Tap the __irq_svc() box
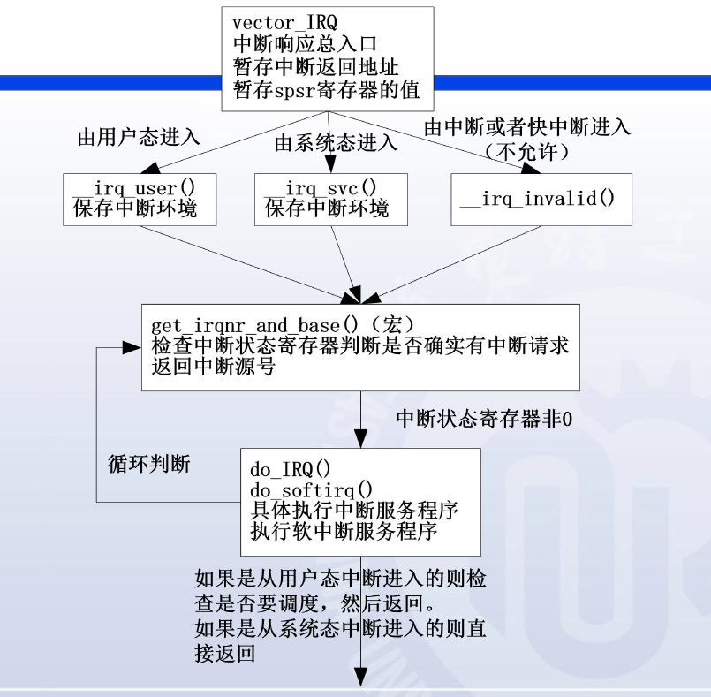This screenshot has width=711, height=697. point(331,199)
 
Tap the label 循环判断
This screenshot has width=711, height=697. point(148,464)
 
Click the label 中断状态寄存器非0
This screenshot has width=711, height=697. point(483,420)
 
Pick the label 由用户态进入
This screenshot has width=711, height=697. point(139,138)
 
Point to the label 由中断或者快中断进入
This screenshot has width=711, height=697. point(526,127)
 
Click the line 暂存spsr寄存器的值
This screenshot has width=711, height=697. point(326,89)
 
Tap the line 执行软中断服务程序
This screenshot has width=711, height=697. point(342,533)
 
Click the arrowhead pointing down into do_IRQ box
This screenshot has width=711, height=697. point(361,441)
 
